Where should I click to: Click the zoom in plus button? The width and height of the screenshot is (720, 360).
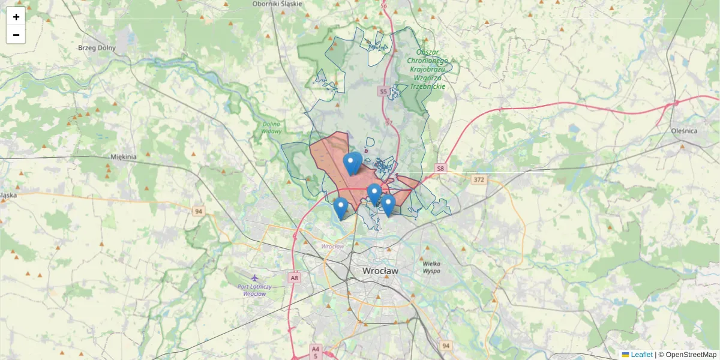(x=16, y=17)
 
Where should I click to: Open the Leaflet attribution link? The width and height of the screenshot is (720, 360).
(x=641, y=355)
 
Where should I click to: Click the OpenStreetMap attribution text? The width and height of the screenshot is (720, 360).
(x=691, y=355)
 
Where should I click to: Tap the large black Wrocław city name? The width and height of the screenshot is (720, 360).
(x=380, y=271)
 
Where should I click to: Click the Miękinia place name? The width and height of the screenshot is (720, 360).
(x=124, y=157)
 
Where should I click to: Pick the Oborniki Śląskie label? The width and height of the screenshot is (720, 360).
(x=278, y=4)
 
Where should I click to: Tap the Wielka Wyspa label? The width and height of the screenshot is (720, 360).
(x=431, y=267)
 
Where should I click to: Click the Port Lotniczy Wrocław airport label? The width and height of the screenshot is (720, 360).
(x=254, y=290)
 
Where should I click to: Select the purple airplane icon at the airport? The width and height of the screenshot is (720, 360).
(x=255, y=278)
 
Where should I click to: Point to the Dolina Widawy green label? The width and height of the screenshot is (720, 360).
(x=271, y=128)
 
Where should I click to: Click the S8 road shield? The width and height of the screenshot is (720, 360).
(x=441, y=169)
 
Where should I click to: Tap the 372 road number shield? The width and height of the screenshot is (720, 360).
(x=478, y=179)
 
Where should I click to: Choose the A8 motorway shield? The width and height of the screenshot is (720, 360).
(x=294, y=278)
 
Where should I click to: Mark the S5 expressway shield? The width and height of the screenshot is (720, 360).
(x=383, y=91)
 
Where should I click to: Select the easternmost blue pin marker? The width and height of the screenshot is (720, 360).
(x=388, y=205)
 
